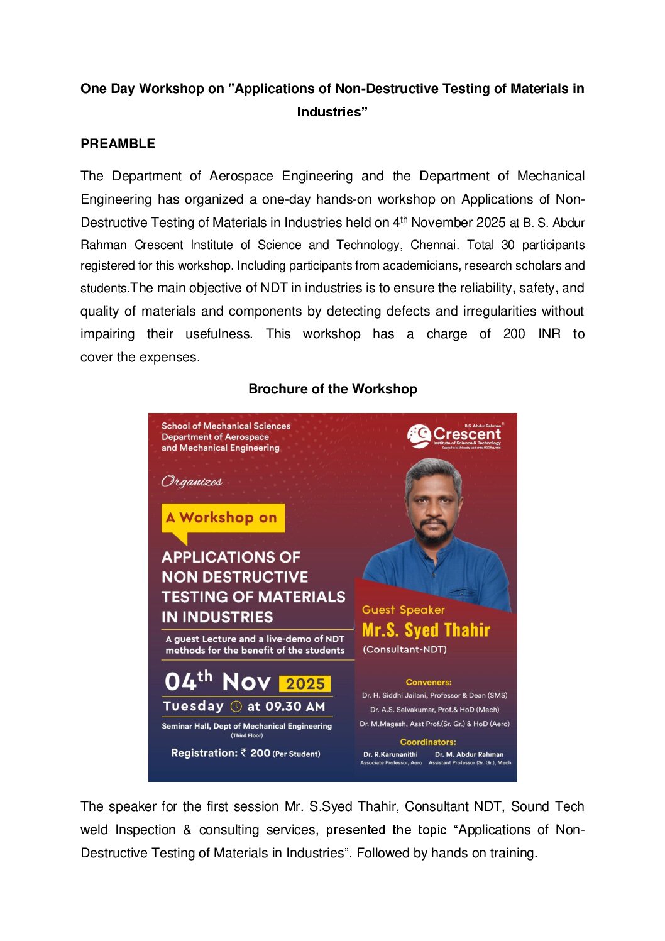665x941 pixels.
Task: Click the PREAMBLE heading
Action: (x=118, y=144)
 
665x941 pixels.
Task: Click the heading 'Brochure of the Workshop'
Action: (x=332, y=389)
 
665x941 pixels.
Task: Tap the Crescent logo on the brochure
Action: (x=454, y=436)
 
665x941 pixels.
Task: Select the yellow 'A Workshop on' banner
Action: (x=223, y=518)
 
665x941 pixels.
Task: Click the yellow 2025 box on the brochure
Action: (x=305, y=683)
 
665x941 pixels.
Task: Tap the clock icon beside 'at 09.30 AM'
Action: (x=236, y=707)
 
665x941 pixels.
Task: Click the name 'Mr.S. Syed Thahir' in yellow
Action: (x=426, y=630)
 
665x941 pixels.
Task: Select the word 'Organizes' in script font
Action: (x=192, y=482)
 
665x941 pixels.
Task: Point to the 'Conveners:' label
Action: (x=429, y=682)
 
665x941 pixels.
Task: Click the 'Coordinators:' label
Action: (x=428, y=742)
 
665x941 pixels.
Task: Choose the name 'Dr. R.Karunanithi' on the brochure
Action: (x=390, y=754)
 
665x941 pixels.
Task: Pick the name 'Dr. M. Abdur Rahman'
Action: (x=469, y=754)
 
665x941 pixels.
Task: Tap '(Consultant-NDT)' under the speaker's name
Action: (x=405, y=649)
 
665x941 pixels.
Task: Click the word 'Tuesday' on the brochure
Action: (x=193, y=706)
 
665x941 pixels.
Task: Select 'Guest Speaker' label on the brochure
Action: (x=404, y=610)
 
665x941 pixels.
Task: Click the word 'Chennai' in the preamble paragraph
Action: (x=432, y=245)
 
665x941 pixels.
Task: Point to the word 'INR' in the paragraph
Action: (x=549, y=334)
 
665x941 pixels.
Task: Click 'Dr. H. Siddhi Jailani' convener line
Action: (x=434, y=695)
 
